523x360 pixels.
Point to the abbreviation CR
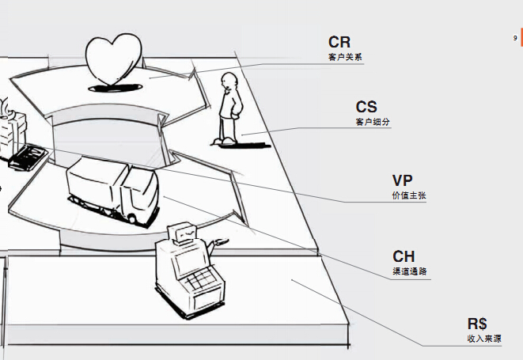[x=339, y=42]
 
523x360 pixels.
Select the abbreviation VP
[x=403, y=180]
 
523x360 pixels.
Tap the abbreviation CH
[x=404, y=256]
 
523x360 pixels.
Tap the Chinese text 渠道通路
[x=410, y=271]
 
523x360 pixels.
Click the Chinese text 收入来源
[x=483, y=339]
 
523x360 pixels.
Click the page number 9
[x=515, y=37]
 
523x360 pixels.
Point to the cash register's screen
[x=185, y=258]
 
